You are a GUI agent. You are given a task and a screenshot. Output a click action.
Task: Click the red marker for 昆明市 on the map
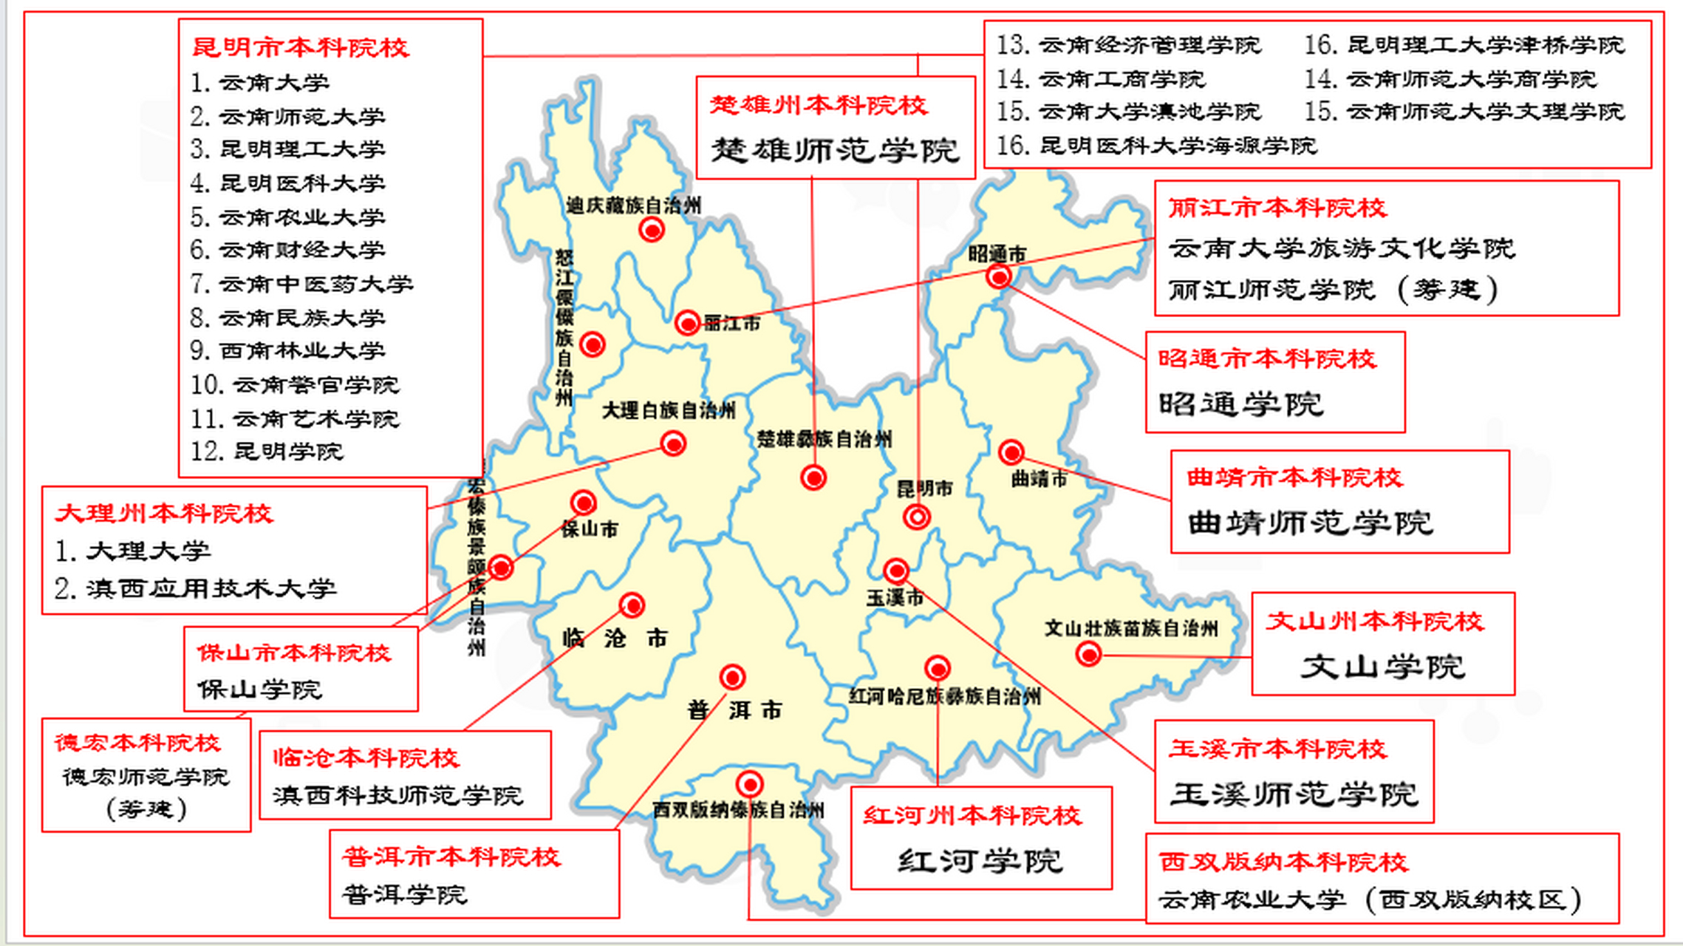[x=917, y=517]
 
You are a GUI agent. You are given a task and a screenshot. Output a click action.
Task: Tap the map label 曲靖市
[x=1039, y=479]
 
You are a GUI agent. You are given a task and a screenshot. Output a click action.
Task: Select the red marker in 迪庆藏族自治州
[x=652, y=230]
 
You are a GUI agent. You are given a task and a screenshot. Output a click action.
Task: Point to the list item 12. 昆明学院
[x=267, y=452]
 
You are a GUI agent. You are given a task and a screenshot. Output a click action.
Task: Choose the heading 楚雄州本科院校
[x=819, y=105]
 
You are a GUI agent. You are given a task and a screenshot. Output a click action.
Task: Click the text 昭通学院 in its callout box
[x=1241, y=404]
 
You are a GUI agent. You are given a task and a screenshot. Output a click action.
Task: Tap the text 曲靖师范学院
[x=1311, y=523]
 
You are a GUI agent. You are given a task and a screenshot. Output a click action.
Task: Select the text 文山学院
[x=1382, y=667]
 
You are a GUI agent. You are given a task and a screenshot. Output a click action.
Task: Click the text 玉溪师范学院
[x=1294, y=794]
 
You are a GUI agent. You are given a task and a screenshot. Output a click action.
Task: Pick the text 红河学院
[x=980, y=861]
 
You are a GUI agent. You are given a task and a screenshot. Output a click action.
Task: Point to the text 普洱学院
[x=405, y=895]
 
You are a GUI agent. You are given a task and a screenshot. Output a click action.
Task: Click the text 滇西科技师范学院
[x=398, y=795]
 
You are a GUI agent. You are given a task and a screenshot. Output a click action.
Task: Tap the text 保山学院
[x=259, y=690]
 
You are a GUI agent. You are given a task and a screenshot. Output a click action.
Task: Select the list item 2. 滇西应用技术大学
[x=195, y=588]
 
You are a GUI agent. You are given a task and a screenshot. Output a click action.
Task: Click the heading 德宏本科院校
[x=137, y=743]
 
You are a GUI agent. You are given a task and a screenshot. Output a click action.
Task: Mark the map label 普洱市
[x=734, y=710]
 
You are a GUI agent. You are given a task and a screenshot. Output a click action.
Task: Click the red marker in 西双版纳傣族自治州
[x=749, y=783]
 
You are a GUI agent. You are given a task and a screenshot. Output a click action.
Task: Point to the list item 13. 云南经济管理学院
[x=1128, y=45]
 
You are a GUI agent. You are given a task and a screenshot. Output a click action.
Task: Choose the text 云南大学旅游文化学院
[x=1342, y=248]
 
